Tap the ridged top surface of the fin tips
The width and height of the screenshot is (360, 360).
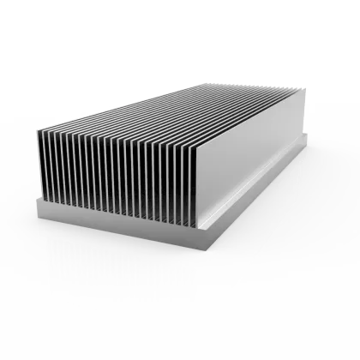coord(171,111)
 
